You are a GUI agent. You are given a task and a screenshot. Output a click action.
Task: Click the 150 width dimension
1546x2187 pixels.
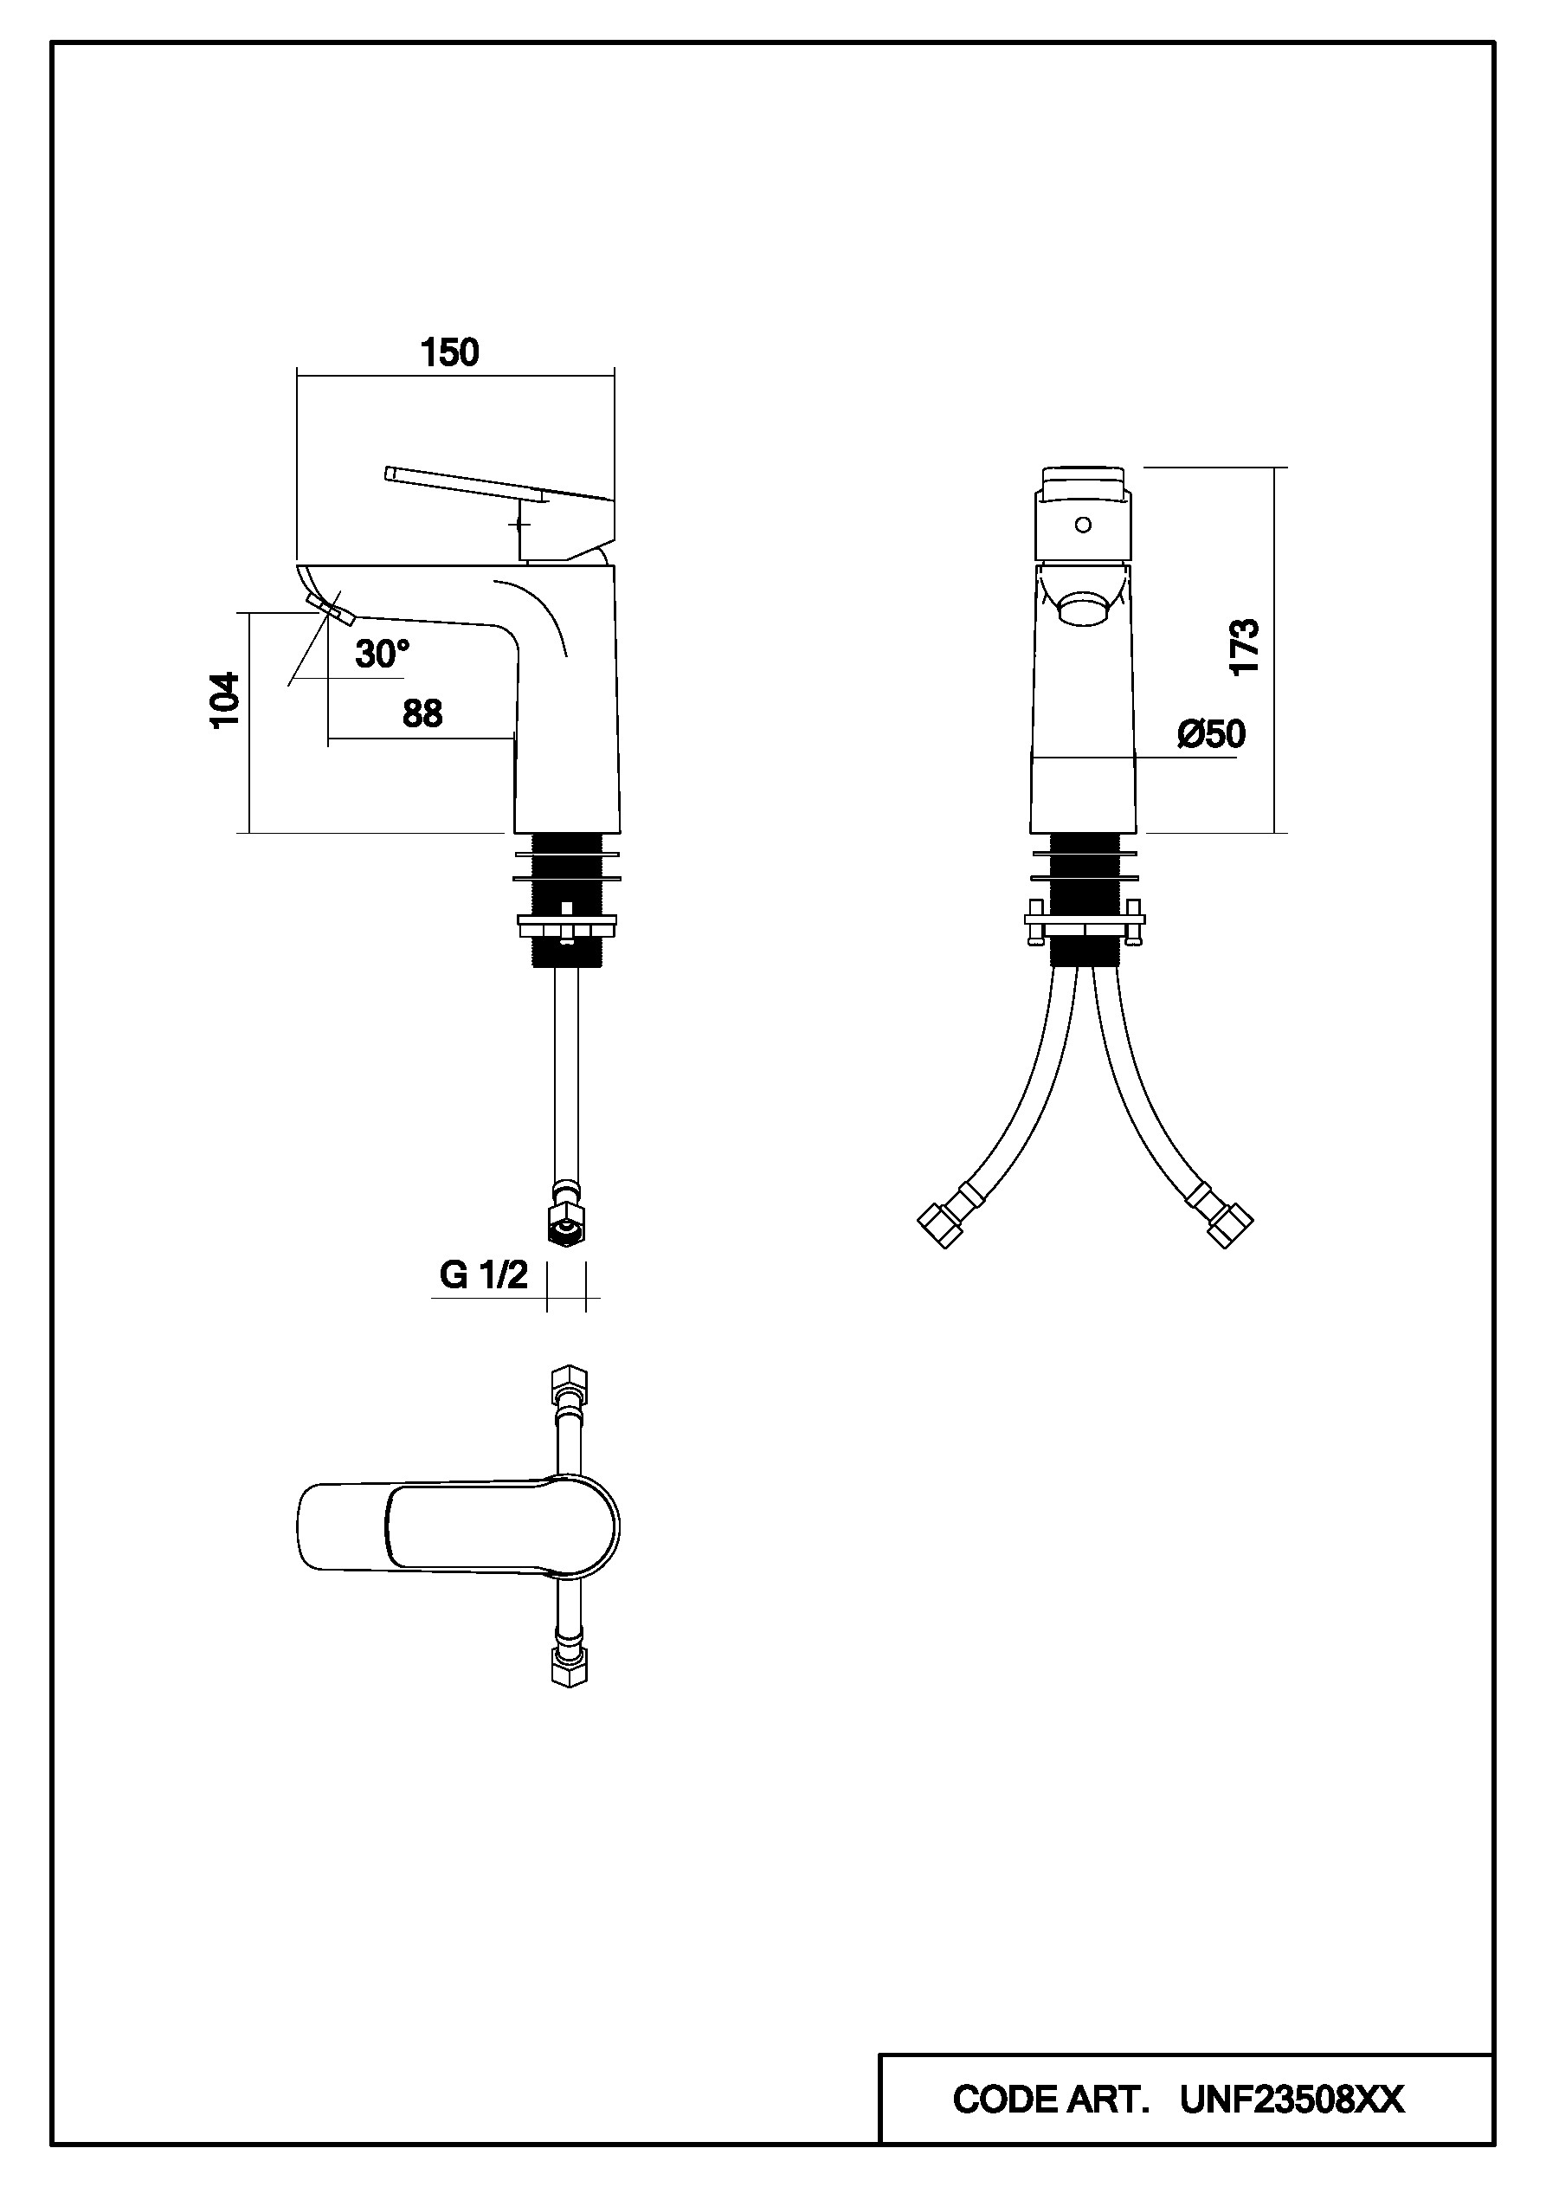449,353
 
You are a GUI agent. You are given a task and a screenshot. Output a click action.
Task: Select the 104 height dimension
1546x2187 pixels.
225,700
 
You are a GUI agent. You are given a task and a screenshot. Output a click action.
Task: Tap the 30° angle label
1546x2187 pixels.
382,655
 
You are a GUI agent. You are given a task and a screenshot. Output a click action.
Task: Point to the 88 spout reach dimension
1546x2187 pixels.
422,713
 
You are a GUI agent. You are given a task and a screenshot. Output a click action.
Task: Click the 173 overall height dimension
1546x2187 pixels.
1244,648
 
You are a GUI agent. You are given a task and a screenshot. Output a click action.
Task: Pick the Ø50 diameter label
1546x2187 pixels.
1211,734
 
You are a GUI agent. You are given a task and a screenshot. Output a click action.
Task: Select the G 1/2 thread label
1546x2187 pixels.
483,1274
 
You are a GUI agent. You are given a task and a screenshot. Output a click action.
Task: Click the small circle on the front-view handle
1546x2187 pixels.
1082,525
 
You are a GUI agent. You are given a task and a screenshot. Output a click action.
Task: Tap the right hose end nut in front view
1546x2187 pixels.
1230,1226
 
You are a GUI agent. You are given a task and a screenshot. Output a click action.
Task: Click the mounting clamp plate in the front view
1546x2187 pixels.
1084,921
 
